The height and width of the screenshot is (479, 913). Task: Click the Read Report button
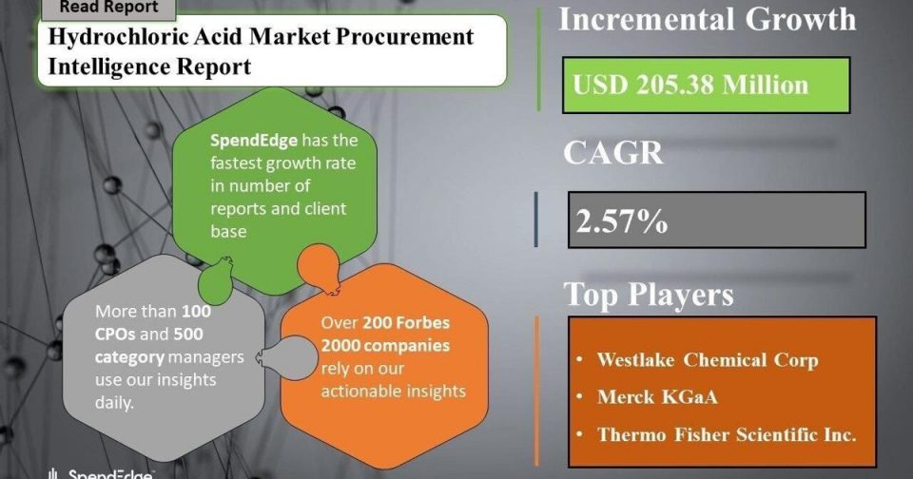click(x=108, y=9)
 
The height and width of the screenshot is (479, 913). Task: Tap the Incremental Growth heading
click(x=708, y=19)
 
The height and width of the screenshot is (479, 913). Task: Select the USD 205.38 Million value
click(x=690, y=85)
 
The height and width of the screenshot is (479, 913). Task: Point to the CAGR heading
click(x=613, y=153)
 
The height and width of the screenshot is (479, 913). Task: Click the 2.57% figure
click(x=621, y=221)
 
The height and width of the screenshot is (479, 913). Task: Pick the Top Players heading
click(x=649, y=294)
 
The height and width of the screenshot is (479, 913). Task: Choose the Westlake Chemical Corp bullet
click(x=708, y=359)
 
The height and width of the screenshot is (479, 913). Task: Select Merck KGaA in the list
click(x=657, y=397)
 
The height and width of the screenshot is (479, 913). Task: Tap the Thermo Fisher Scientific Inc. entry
click(x=727, y=434)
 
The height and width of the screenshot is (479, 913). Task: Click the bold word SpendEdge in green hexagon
click(x=254, y=141)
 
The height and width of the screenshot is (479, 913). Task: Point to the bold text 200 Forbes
click(x=406, y=322)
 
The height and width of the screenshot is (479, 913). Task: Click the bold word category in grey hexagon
click(x=130, y=356)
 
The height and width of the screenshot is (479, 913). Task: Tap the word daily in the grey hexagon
click(x=114, y=403)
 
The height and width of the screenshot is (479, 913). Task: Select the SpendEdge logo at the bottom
click(x=100, y=473)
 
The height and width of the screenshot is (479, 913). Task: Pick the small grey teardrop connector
click(x=286, y=356)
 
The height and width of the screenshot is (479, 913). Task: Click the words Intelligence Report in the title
click(x=149, y=67)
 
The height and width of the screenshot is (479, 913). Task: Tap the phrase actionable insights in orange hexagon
click(x=393, y=392)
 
